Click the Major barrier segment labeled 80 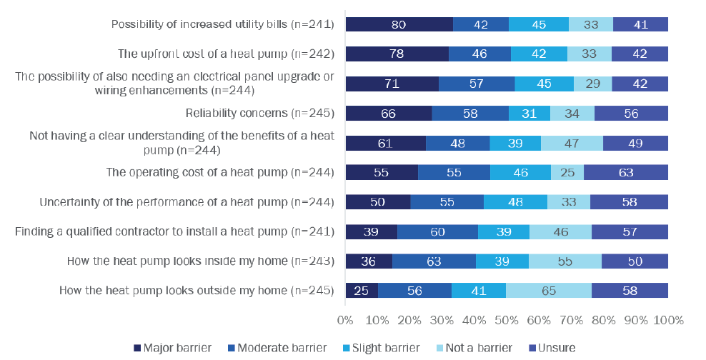[x=399, y=24]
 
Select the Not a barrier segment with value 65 [x=549, y=291]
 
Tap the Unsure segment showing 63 [x=626, y=172]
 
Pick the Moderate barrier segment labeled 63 [x=434, y=261]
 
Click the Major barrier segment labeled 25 [x=362, y=291]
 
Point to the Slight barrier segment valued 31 [x=529, y=113]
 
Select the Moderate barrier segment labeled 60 [x=437, y=231]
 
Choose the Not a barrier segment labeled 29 [x=592, y=84]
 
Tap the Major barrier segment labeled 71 [x=392, y=84]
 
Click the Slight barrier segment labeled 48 [x=515, y=202]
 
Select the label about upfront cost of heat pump [x=226, y=54]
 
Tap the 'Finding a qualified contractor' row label [x=175, y=231]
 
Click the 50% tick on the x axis [x=507, y=319]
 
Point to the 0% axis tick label [x=346, y=319]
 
